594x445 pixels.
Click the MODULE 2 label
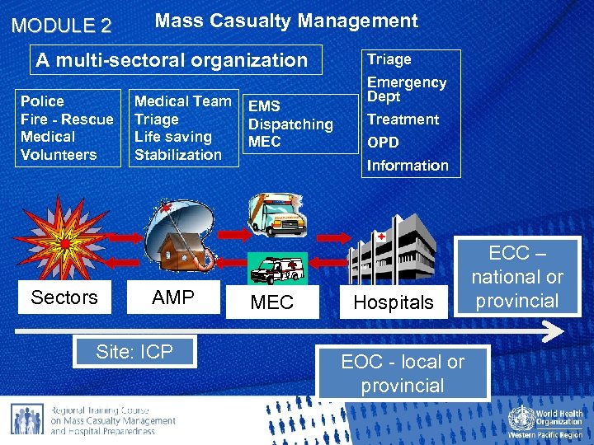(61, 26)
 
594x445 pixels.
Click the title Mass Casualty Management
(286, 21)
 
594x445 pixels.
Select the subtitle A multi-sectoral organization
(172, 60)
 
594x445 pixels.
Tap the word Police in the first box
(42, 101)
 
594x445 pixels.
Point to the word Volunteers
(59, 155)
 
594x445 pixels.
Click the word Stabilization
(178, 155)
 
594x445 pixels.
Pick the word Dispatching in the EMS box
(290, 124)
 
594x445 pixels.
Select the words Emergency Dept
(407, 89)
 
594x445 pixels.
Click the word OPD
(383, 142)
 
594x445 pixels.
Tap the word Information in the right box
(408, 166)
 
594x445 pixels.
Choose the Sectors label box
(64, 297)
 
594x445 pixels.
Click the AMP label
(173, 297)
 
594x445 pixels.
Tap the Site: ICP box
(134, 352)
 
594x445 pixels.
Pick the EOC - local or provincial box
(403, 373)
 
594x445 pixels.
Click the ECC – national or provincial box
(517, 277)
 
